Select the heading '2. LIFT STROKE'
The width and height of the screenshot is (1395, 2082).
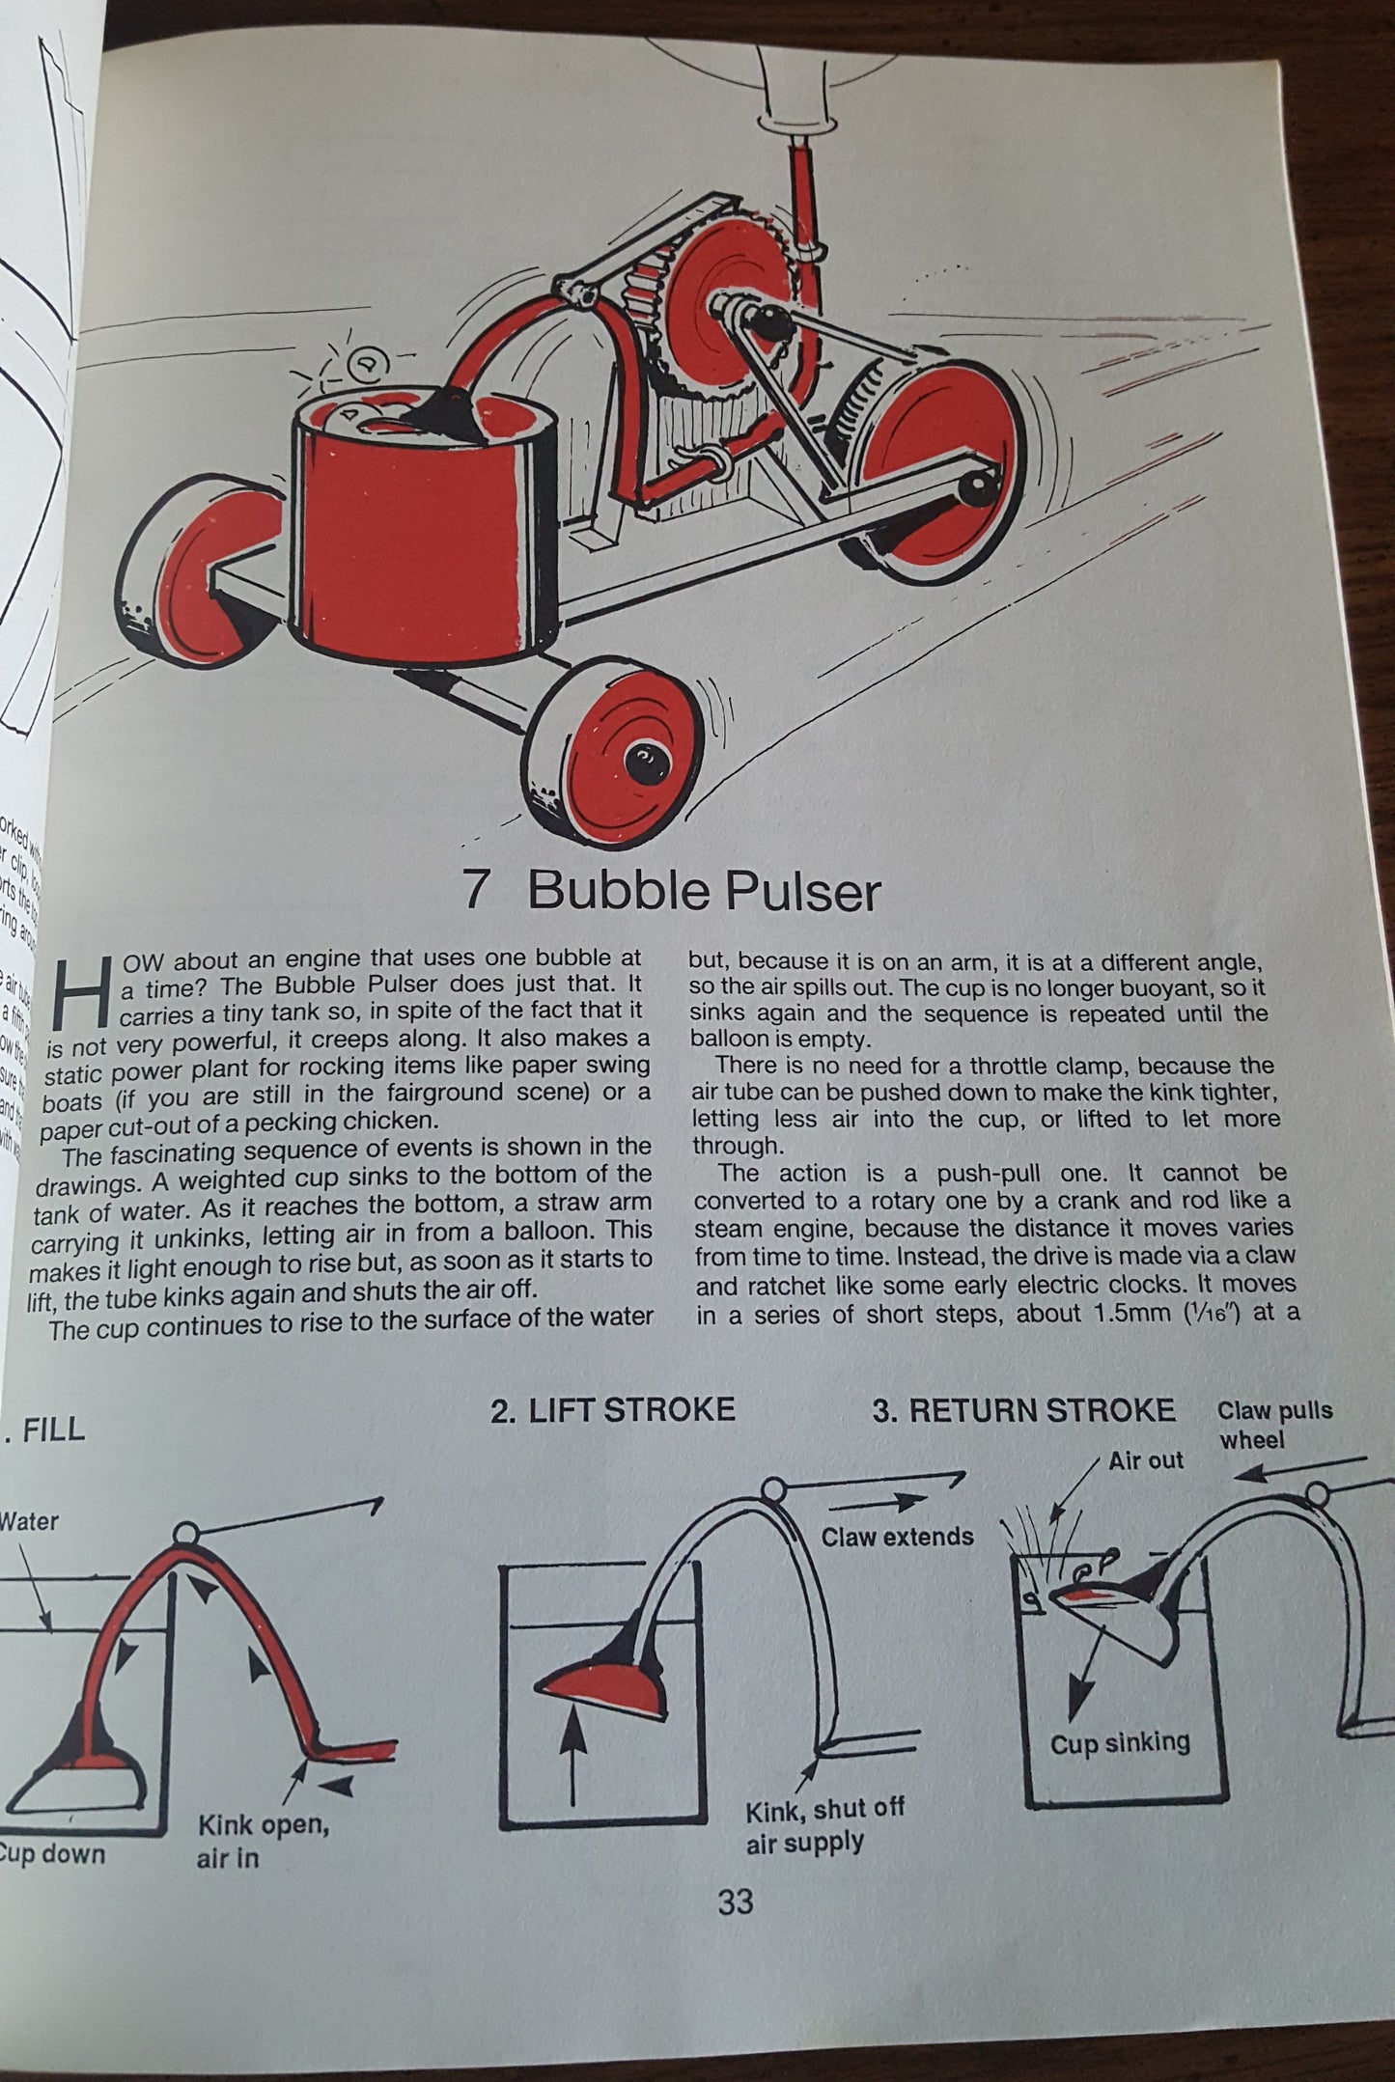[x=613, y=1410]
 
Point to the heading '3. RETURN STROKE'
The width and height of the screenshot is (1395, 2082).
[x=1023, y=1410]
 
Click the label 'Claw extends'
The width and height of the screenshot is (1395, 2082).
[x=897, y=1537]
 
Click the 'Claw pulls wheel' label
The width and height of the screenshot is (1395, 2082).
[x=1273, y=1425]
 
